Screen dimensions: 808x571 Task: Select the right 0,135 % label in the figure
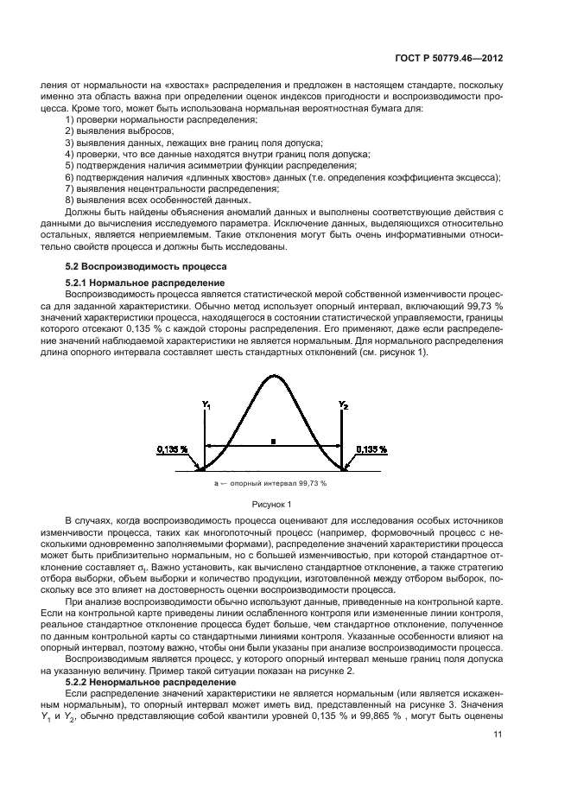372,450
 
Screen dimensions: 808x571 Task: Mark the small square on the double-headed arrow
273,441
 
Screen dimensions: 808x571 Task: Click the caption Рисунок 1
274,503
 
